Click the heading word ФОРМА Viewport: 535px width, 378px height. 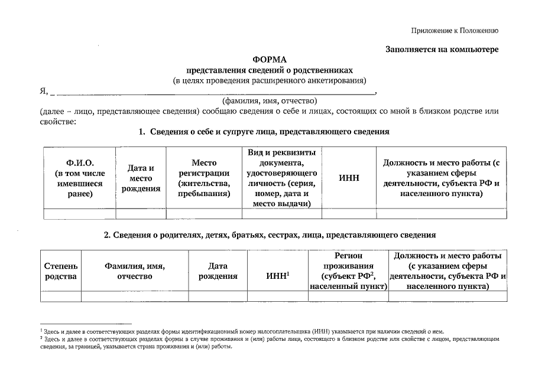click(x=269, y=59)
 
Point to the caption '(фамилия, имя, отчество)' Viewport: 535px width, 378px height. click(x=269, y=100)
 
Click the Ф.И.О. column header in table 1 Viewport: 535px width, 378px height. click(x=79, y=178)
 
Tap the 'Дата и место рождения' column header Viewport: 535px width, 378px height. click(x=141, y=178)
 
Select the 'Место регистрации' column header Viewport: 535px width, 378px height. click(x=204, y=178)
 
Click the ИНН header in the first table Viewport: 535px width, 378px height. click(x=349, y=178)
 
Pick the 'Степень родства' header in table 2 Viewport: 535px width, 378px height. click(x=60, y=271)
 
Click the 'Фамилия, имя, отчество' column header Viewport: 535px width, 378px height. click(x=134, y=271)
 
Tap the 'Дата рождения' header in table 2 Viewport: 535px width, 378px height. click(x=218, y=271)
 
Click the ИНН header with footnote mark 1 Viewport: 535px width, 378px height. click(x=278, y=275)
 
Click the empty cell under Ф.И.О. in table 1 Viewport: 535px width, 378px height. click(x=79, y=214)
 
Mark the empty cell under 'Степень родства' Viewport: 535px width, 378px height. click(x=60, y=296)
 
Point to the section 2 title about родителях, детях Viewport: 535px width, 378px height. click(x=270, y=234)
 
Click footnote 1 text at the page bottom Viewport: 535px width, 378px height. click(x=242, y=332)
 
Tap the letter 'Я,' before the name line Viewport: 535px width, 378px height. click(x=43, y=90)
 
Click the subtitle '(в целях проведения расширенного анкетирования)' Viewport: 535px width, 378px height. click(x=269, y=80)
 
